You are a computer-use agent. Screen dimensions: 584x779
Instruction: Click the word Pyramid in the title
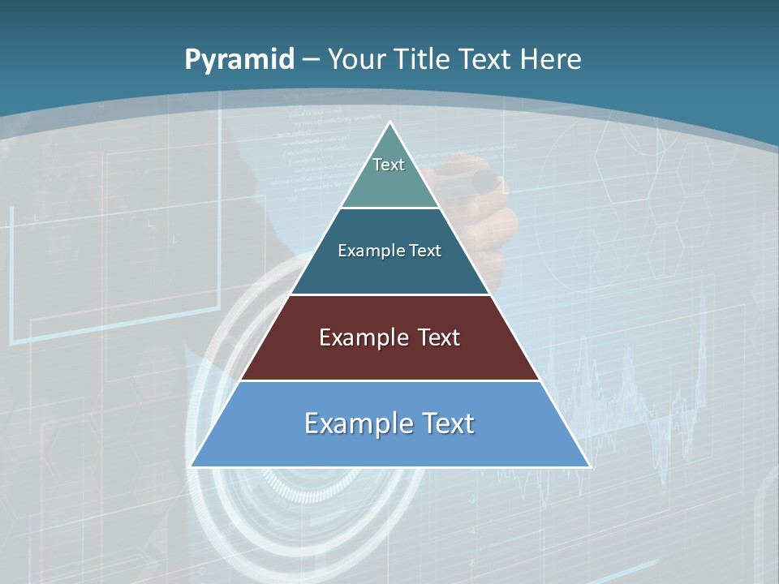239,60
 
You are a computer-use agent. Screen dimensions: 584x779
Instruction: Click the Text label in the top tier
389,165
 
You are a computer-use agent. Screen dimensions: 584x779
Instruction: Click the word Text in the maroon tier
439,337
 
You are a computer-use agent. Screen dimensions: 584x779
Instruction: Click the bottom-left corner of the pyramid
191,466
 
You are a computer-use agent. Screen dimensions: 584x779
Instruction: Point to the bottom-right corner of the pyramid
590,466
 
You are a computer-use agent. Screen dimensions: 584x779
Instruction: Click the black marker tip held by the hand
484,182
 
